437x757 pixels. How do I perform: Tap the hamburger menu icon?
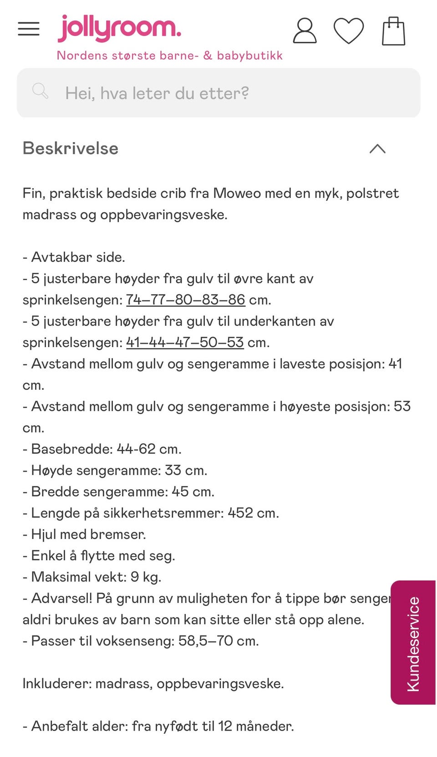point(29,29)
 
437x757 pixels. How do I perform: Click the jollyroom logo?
point(119,28)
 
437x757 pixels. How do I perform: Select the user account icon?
point(305,31)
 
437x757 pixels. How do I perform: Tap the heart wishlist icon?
point(349,31)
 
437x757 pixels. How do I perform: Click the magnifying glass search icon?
point(40,91)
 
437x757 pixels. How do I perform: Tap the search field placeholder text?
point(157,93)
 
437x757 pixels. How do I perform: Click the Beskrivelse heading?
point(71,148)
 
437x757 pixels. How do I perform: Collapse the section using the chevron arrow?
point(377,149)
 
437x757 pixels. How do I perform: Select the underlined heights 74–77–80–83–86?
point(186,300)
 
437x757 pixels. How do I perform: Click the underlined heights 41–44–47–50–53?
point(185,342)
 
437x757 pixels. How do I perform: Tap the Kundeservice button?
point(413,643)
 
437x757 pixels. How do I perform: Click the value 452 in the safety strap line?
point(240,513)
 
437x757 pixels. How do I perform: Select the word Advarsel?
point(61,598)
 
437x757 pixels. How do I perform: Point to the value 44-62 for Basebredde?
point(136,449)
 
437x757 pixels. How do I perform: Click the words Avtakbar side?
point(78,257)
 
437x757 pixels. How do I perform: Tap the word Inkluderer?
point(56,683)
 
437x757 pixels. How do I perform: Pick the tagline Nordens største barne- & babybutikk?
point(169,56)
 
